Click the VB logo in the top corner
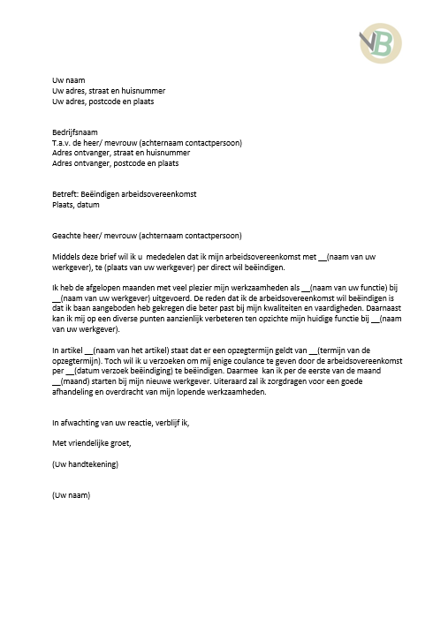pos(379,42)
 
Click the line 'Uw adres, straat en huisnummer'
pos(109,91)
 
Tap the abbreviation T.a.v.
pos(64,142)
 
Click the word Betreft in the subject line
pos(66,194)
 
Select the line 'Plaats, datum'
pos(76,205)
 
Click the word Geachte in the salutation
pos(68,236)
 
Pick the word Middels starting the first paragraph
pos(67,256)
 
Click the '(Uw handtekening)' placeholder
pos(86,463)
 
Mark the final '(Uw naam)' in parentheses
pos(71,494)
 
